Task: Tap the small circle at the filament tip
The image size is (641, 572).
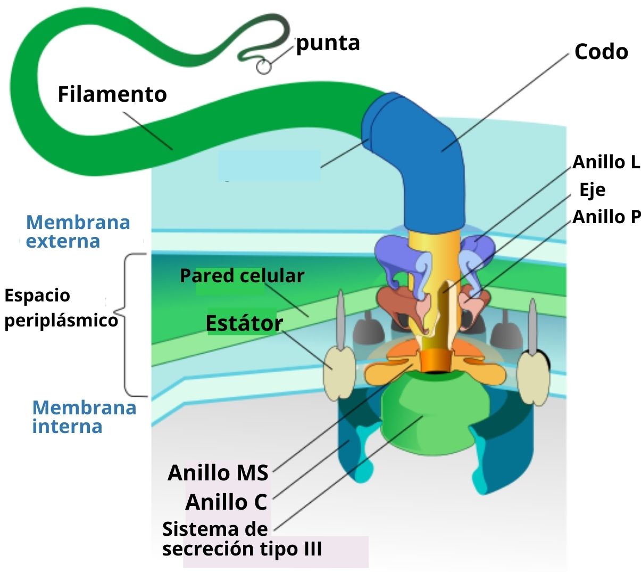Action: pyautogui.click(x=264, y=67)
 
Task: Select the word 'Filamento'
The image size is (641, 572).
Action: pyautogui.click(x=112, y=94)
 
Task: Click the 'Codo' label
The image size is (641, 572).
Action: pyautogui.click(x=601, y=52)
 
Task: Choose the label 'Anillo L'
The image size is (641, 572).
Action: pyautogui.click(x=606, y=162)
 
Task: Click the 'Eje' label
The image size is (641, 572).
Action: pyautogui.click(x=592, y=190)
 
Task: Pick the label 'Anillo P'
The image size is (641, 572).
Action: pyautogui.click(x=606, y=217)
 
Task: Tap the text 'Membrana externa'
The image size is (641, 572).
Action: pyautogui.click(x=78, y=232)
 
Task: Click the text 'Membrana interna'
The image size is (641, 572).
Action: pyautogui.click(x=84, y=416)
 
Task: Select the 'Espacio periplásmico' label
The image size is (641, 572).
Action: pyautogui.click(x=61, y=308)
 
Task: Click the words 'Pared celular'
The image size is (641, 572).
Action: pyautogui.click(x=242, y=276)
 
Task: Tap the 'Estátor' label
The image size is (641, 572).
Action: pyautogui.click(x=244, y=323)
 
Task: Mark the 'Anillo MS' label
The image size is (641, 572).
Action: pyautogui.click(x=218, y=472)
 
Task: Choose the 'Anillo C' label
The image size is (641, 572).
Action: pyautogui.click(x=226, y=502)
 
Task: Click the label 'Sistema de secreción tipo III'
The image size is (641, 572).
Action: pyautogui.click(x=242, y=538)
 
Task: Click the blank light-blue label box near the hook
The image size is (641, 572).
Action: pyautogui.click(x=269, y=166)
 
